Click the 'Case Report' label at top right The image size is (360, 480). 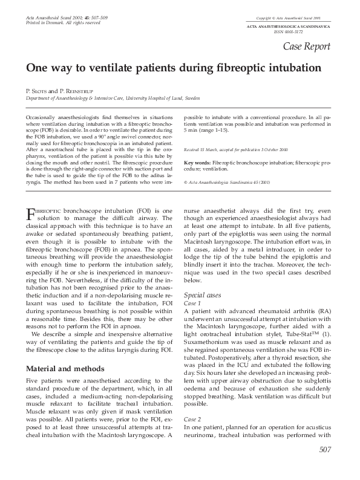(309, 46)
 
